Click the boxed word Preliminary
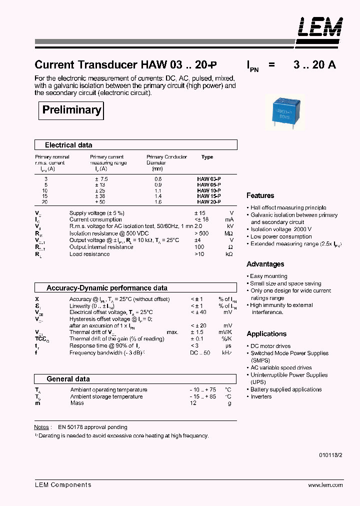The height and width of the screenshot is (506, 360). [71, 110]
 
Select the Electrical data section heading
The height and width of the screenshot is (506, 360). [68, 145]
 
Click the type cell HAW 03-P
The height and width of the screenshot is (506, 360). [208, 178]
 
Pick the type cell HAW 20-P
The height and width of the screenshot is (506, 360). [208, 202]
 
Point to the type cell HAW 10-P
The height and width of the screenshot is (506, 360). [208, 190]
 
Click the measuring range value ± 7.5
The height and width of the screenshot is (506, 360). [101, 178]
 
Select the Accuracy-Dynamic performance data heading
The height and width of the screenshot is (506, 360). [106, 288]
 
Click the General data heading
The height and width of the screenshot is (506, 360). [68, 379]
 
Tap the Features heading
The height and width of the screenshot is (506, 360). [260, 195]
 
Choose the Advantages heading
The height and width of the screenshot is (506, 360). [265, 264]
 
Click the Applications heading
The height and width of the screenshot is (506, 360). [266, 333]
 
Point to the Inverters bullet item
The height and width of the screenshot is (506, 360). [261, 396]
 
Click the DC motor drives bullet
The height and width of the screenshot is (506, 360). [270, 346]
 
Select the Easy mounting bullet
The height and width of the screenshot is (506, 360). [268, 276]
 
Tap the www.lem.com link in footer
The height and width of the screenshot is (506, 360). [325, 485]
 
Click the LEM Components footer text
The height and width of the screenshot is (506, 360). [63, 484]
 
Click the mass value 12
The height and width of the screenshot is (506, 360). [193, 403]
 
